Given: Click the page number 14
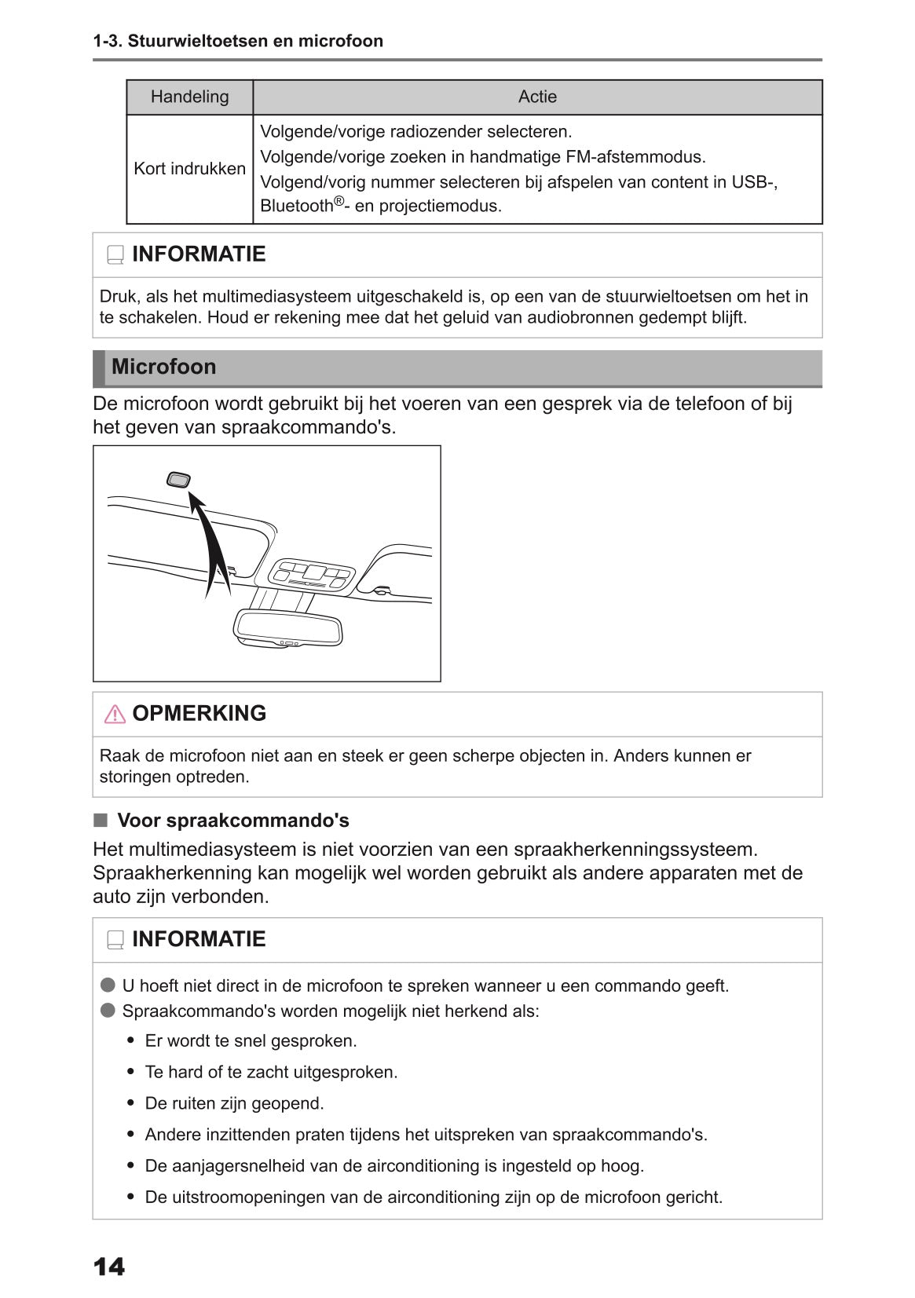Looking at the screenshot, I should click(x=108, y=1266).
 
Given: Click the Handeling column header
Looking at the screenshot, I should click(x=189, y=97).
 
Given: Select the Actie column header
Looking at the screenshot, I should click(x=537, y=97).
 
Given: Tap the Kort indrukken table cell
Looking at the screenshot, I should click(x=189, y=169).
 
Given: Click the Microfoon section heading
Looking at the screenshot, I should click(x=163, y=367).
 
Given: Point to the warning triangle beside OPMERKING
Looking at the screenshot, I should click(x=115, y=714).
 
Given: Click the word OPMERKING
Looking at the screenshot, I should click(x=199, y=713).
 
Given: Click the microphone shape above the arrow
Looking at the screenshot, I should click(x=178, y=480).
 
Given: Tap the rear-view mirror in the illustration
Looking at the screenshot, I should click(x=288, y=629).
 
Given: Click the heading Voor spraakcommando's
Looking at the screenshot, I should click(x=232, y=821).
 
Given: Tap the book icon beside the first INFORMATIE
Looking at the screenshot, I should click(x=115, y=255).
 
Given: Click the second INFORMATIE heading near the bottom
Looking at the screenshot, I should click(x=199, y=939).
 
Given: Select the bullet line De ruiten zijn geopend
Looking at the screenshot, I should click(x=234, y=1103).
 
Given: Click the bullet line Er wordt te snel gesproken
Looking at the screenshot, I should click(x=251, y=1040).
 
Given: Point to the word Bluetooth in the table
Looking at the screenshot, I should click(x=297, y=207).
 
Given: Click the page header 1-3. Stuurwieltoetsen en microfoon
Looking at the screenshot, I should click(x=238, y=41).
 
